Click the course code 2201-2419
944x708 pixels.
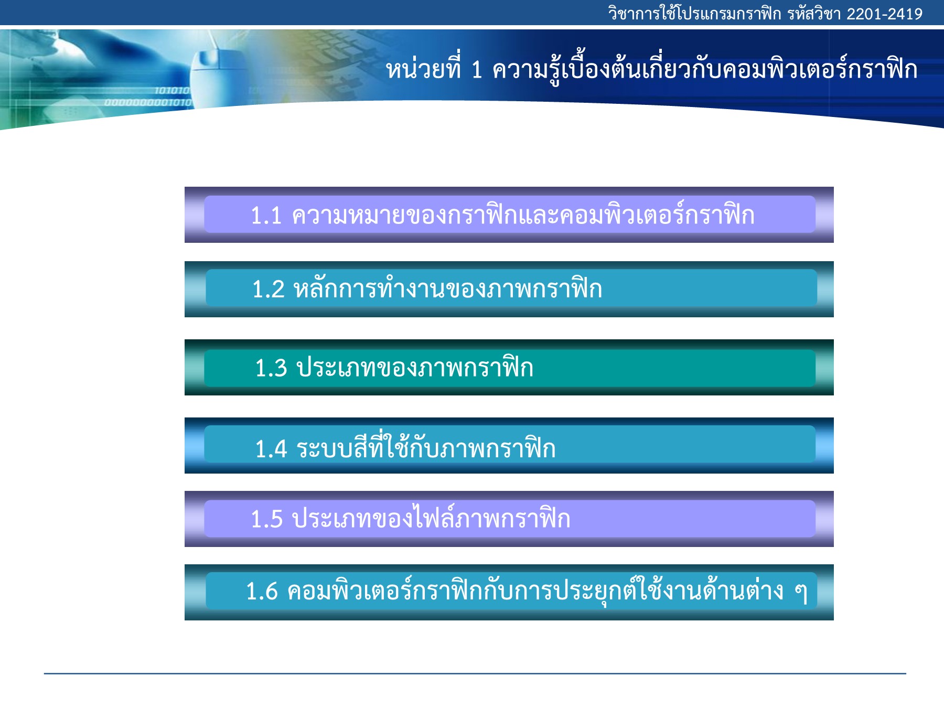884,14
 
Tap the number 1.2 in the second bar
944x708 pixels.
268,289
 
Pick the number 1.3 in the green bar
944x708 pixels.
271,368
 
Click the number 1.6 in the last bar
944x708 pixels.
262,592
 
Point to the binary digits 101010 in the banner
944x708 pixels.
172,91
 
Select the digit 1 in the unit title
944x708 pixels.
476,70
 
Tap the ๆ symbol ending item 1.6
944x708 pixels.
800,593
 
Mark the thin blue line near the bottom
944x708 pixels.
475,673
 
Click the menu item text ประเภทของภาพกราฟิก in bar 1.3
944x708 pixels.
415,367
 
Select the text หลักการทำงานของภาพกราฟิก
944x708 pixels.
448,288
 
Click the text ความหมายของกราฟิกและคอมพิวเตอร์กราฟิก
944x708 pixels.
523,214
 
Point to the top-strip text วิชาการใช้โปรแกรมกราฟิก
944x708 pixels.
694,13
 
